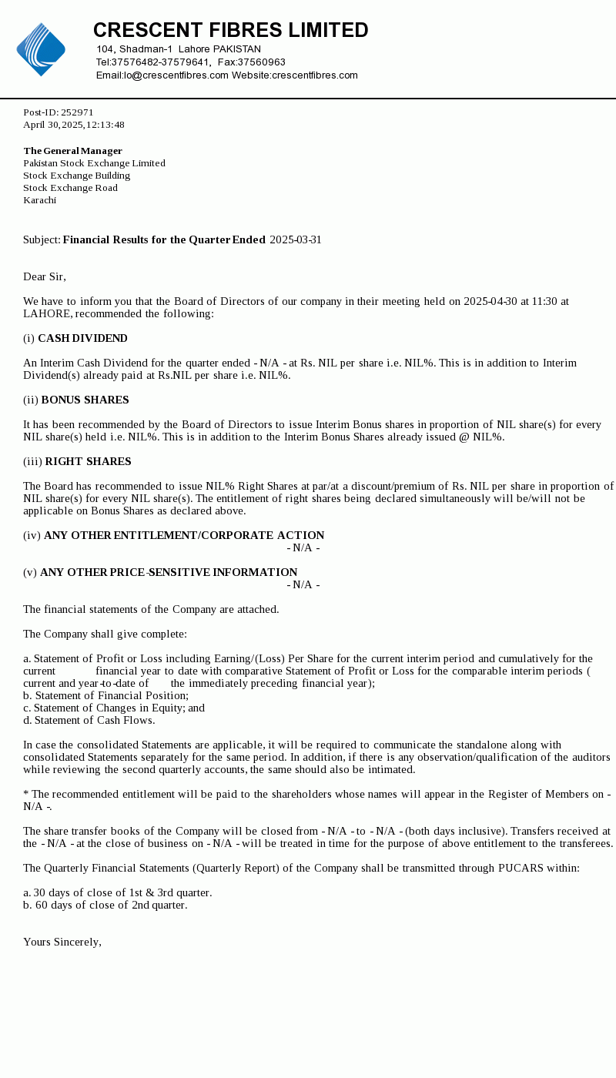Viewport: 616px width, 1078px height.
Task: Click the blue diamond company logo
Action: click(41, 49)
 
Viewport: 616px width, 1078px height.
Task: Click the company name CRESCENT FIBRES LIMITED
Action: click(230, 31)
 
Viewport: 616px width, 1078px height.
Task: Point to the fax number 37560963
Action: click(262, 62)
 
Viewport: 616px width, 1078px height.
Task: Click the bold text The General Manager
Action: click(72, 151)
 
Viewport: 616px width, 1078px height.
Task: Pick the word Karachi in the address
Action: click(39, 200)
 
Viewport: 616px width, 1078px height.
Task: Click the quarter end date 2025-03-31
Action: click(296, 240)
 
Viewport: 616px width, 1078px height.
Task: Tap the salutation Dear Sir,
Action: click(45, 277)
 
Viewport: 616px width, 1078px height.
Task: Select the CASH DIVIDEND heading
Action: click(82, 339)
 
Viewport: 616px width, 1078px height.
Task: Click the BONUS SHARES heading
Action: click(85, 400)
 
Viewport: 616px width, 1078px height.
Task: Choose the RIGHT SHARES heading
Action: click(88, 462)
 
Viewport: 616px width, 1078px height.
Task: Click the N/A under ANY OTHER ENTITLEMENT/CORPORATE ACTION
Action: click(303, 548)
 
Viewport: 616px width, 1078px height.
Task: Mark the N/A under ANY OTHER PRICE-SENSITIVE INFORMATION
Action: click(303, 585)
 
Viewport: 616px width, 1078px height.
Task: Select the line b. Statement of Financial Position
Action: click(105, 696)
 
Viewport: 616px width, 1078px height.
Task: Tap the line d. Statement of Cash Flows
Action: click(89, 721)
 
